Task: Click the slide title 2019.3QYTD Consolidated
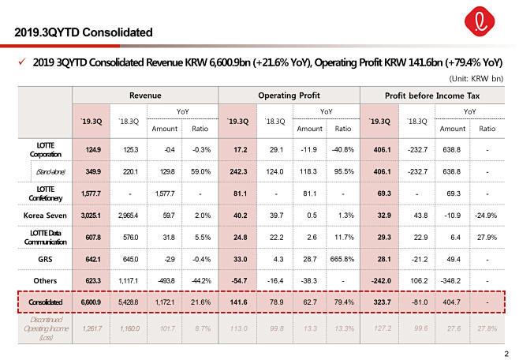(84, 32)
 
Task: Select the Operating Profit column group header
(288, 95)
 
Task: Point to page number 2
(505, 351)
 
